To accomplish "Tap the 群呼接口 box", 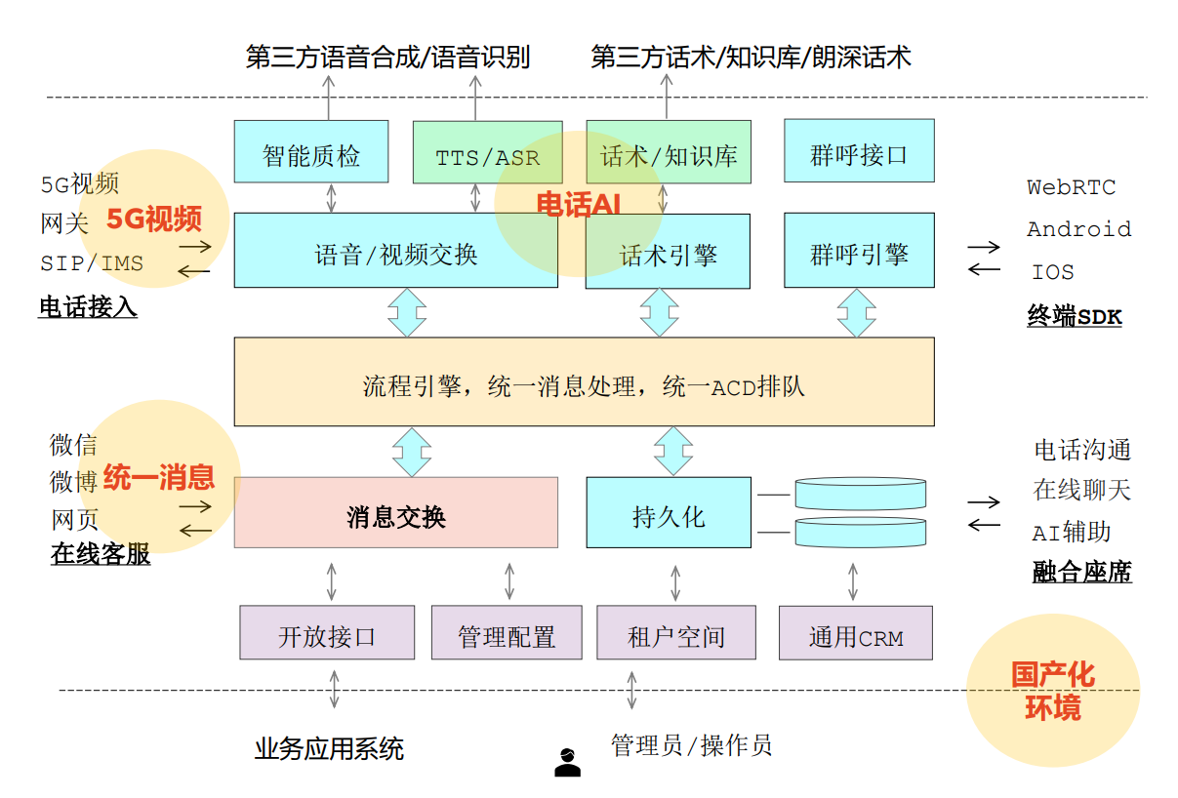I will [x=859, y=151].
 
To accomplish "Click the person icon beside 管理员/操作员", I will [x=567, y=762].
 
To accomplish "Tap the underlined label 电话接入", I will [x=88, y=307].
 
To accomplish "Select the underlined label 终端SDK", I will [x=1074, y=315].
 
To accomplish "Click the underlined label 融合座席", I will [x=1081, y=573].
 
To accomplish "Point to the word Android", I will [x=1078, y=229].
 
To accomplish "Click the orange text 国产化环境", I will [x=1052, y=691].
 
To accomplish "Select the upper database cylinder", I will [x=860, y=494].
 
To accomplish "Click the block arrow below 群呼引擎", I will [x=857, y=312].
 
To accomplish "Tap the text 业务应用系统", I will [x=329, y=748].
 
